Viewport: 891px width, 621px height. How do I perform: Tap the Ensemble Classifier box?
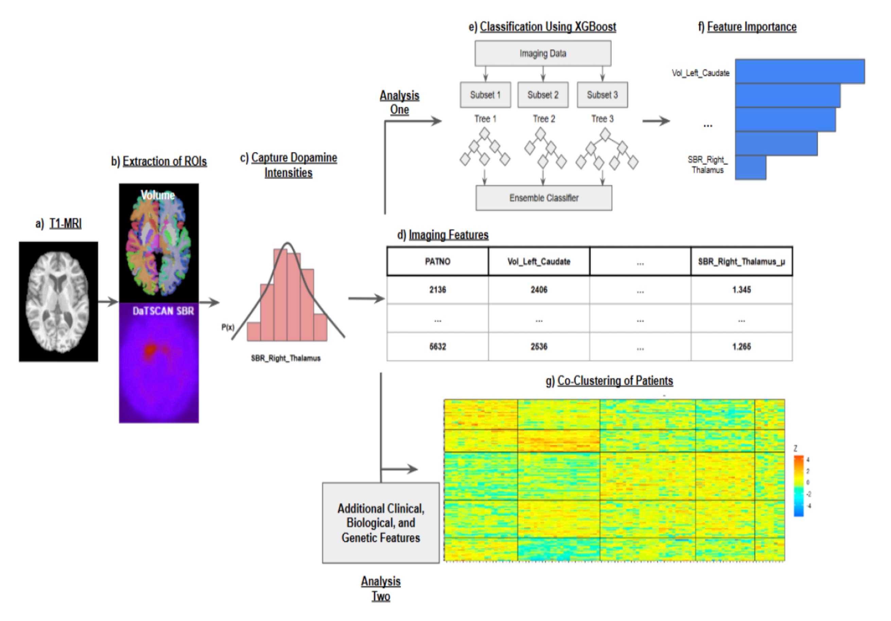pyautogui.click(x=544, y=198)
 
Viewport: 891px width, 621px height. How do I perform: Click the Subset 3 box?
pyautogui.click(x=602, y=95)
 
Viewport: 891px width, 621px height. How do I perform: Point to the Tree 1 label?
pyautogui.click(x=485, y=119)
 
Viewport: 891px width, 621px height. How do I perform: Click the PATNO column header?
pyautogui.click(x=437, y=262)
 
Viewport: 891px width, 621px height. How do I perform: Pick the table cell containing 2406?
pyautogui.click(x=539, y=290)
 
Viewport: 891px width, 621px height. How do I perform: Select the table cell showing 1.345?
pyautogui.click(x=741, y=290)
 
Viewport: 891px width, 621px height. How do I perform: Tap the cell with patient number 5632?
pyautogui.click(x=437, y=346)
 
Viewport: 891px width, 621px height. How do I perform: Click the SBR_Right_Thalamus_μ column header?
pyautogui.click(x=741, y=262)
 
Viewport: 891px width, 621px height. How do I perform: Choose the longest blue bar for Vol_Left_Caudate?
pyautogui.click(x=799, y=71)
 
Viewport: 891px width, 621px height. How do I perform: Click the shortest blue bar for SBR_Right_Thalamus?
pyautogui.click(x=750, y=167)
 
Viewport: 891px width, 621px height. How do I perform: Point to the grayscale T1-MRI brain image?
pyautogui.click(x=58, y=302)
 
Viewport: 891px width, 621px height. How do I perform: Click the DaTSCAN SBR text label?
pyautogui.click(x=163, y=311)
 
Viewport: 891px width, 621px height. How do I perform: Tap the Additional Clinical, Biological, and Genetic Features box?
pyautogui.click(x=381, y=523)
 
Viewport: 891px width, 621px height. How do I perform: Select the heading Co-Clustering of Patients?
pyautogui.click(x=615, y=381)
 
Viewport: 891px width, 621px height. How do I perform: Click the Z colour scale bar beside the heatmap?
pyautogui.click(x=798, y=486)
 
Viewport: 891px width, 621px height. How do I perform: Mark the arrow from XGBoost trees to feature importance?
pyautogui.click(x=656, y=121)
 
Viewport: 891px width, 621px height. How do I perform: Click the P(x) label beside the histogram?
pyautogui.click(x=228, y=327)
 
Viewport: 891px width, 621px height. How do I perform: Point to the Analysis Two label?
pyautogui.click(x=381, y=588)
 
